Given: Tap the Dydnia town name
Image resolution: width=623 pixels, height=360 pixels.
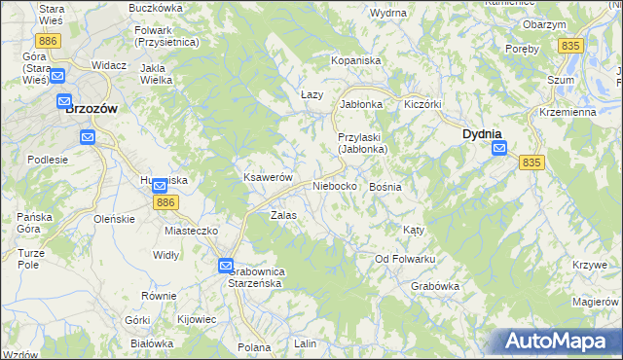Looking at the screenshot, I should pyautogui.click(x=481, y=133).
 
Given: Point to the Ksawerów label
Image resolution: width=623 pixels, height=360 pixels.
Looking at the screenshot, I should pyautogui.click(x=268, y=178).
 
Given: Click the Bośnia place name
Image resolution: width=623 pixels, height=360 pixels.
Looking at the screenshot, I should pyautogui.click(x=386, y=186).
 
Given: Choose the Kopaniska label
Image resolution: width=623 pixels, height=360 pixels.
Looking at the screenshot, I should pyautogui.click(x=355, y=60).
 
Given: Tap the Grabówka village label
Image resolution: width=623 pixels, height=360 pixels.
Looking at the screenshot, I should pyautogui.click(x=434, y=286).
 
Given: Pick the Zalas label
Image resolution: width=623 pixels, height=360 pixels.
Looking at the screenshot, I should pyautogui.click(x=283, y=215).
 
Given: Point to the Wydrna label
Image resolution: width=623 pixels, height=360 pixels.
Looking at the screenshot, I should pyautogui.click(x=387, y=13).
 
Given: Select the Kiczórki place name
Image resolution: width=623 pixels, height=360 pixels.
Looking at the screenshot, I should pyautogui.click(x=423, y=102).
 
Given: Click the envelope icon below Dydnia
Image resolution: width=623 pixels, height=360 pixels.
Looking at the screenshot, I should pyautogui.click(x=499, y=148).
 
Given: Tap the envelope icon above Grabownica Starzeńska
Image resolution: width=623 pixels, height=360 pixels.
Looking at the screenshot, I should pyautogui.click(x=225, y=264).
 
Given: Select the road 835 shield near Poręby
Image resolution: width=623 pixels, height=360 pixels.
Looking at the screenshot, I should pyautogui.click(x=571, y=46).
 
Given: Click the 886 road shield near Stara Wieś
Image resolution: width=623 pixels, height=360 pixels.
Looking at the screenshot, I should pyautogui.click(x=47, y=42).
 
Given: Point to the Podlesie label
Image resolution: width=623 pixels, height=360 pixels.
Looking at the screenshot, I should pyautogui.click(x=48, y=159).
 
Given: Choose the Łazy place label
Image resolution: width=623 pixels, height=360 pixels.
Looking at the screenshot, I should pyautogui.click(x=311, y=94).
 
